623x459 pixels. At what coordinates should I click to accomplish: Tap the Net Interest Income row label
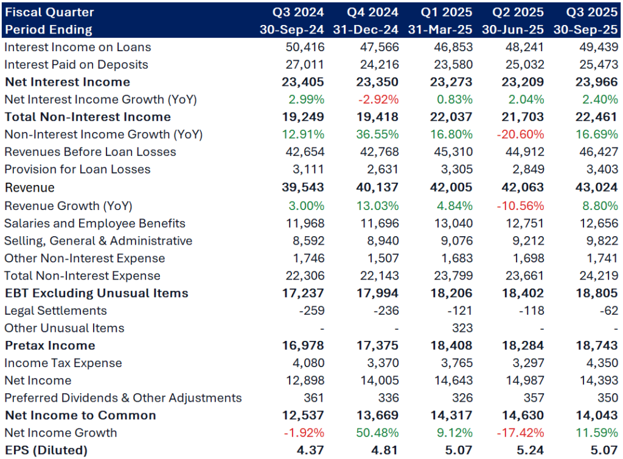click(x=67, y=82)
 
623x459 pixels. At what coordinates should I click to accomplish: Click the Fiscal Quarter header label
click(x=49, y=12)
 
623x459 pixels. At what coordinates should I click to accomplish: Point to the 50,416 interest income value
click(x=305, y=47)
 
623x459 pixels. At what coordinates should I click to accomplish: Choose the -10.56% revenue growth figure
click(x=521, y=206)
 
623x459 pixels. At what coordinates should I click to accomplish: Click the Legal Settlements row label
click(x=55, y=310)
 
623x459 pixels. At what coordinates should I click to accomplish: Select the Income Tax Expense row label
click(x=63, y=363)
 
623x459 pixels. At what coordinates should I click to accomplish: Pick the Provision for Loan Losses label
click(x=77, y=169)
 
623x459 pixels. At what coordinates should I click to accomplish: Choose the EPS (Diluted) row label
click(x=46, y=450)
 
